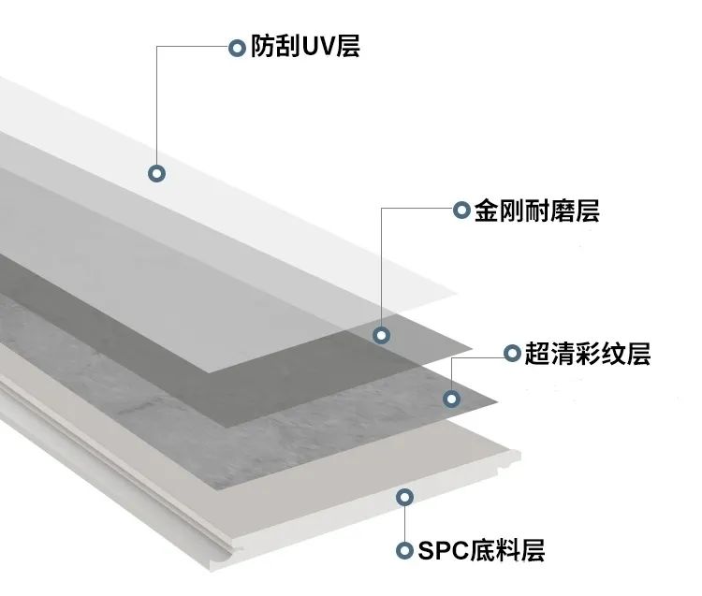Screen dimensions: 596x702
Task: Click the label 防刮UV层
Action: (305, 47)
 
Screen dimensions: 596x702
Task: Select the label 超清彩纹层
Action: (586, 354)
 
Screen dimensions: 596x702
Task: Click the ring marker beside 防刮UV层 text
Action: (237, 47)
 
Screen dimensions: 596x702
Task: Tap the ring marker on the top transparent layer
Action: (157, 173)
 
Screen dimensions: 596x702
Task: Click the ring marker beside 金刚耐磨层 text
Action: (461, 211)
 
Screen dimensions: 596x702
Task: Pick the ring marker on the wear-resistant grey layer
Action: (381, 335)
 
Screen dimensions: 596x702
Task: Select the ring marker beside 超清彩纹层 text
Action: (511, 354)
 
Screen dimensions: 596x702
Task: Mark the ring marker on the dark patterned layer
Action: (452, 400)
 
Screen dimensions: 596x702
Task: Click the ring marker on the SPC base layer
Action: (404, 498)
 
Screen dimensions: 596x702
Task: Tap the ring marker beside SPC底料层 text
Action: (404, 550)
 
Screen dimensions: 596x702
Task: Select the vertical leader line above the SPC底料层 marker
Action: (404, 524)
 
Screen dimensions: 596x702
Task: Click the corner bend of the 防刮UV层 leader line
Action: (157, 47)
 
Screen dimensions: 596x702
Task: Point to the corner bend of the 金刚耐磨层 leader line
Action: (382, 211)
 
